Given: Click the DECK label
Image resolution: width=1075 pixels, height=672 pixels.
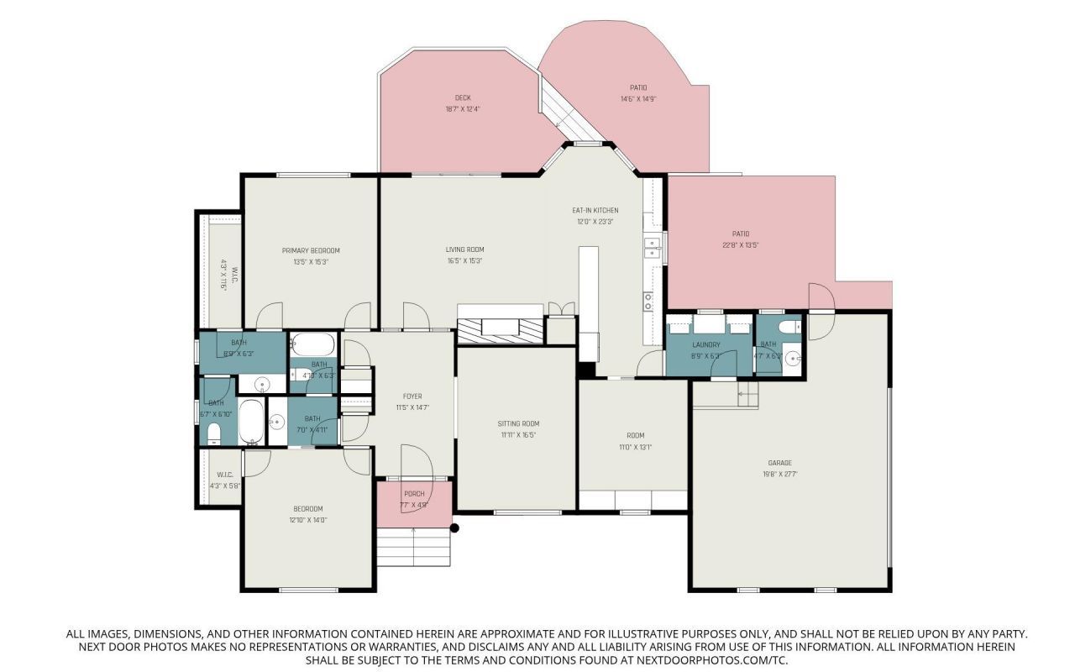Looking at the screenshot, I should pos(462,97).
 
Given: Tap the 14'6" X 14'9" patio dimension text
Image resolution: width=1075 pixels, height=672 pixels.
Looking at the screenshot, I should pos(638,99).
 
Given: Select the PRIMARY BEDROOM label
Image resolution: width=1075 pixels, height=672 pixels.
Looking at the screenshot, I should pos(311,250).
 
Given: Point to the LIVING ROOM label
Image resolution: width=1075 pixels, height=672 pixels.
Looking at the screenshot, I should pos(464,249).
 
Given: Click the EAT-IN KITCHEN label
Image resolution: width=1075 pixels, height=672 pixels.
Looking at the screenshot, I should pos(595,210).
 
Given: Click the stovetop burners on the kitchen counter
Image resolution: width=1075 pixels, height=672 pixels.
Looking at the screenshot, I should pos(648,301).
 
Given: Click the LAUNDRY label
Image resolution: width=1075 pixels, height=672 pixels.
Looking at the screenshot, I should pos(706,344).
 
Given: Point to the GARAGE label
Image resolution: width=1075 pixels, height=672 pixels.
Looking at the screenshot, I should pos(779,463).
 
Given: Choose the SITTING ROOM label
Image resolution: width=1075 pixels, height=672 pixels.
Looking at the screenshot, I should pos(518,423).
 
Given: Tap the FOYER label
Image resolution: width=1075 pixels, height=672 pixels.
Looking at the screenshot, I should pos(412,396).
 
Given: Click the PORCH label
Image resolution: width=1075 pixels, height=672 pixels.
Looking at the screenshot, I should pos(414,494).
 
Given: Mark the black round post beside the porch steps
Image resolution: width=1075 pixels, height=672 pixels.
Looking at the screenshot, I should pos(455,528).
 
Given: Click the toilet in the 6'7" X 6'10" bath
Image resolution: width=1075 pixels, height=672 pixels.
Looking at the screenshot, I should pos(213,433).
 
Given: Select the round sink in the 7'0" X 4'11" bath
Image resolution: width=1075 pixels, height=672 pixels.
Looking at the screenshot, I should pos(275,423).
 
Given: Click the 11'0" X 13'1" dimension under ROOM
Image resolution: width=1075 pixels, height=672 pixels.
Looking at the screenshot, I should pos(635,447).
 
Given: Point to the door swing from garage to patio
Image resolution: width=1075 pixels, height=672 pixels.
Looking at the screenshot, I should pos(820,297).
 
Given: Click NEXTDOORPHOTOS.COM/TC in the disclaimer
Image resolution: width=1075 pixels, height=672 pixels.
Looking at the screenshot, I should pos(721,660).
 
